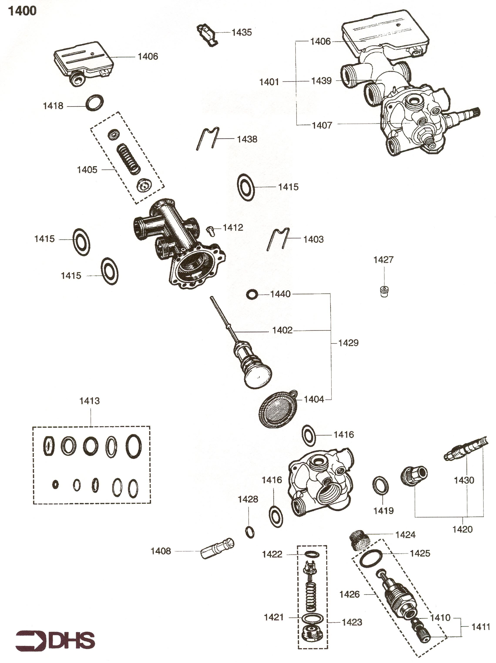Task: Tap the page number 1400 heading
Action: tap(22, 11)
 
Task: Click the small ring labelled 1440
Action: tap(252, 294)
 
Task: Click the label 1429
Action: tap(348, 343)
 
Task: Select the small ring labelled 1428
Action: tap(249, 532)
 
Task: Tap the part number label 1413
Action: tap(89, 401)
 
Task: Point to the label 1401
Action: tap(269, 82)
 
